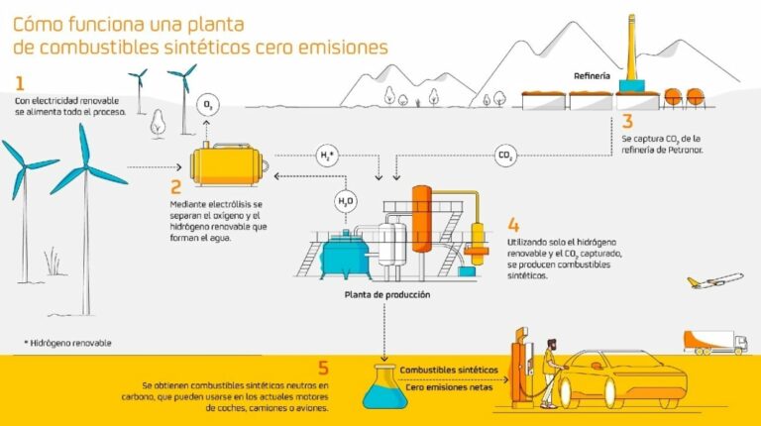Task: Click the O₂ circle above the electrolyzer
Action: point(208,105)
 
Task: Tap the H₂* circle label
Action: point(327,156)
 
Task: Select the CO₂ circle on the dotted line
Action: point(505,156)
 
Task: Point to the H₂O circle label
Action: point(346,201)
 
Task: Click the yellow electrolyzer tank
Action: point(228,165)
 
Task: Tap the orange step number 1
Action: point(20,83)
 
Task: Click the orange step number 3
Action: point(627,121)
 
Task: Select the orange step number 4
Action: point(513,225)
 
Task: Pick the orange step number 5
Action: point(323,368)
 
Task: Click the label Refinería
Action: point(592,75)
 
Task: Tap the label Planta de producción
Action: point(387,294)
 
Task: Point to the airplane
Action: point(714,280)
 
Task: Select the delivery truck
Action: point(715,343)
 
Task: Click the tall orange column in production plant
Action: point(422,219)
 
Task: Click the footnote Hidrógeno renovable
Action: point(68,343)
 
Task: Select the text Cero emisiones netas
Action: point(449,387)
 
